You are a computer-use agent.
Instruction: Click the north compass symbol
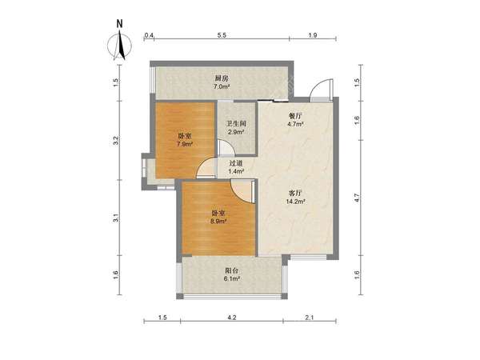click(120, 46)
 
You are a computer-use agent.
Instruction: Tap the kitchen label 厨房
click(222, 78)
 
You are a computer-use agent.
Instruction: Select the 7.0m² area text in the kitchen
click(222, 86)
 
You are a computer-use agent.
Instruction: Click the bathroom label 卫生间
click(236, 124)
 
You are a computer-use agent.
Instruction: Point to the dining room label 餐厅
click(295, 116)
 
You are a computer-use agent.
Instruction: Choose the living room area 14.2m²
click(295, 202)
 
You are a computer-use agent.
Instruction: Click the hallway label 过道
click(236, 163)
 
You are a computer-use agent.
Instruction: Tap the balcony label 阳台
click(232, 270)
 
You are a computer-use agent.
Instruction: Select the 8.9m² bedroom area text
click(218, 221)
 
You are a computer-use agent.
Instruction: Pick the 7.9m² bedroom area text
click(185, 143)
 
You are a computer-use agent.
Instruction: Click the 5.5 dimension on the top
click(222, 35)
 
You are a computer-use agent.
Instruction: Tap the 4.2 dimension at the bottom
click(232, 318)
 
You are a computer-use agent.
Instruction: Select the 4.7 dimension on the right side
click(357, 198)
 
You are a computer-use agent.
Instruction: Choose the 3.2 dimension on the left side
click(116, 141)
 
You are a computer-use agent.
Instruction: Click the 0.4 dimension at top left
click(149, 35)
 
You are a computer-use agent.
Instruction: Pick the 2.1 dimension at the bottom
click(310, 318)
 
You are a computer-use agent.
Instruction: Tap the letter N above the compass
click(120, 24)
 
